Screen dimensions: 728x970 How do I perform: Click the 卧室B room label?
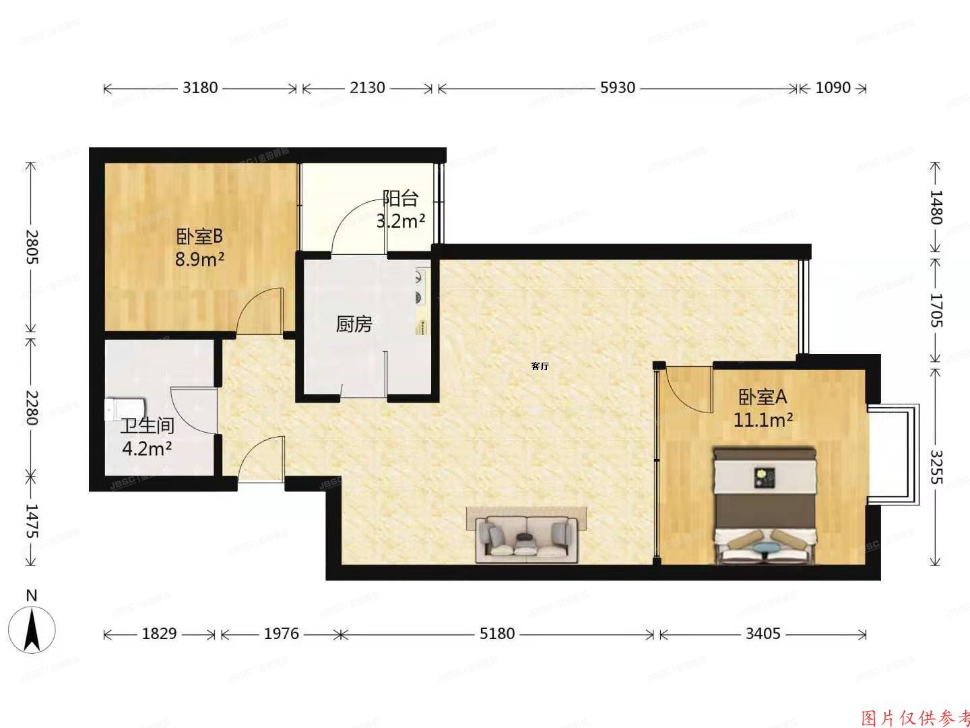tap(199, 237)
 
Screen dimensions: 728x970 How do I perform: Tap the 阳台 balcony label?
tap(400, 198)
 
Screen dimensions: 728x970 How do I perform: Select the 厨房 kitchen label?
tap(354, 325)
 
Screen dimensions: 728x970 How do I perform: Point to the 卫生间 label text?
tap(148, 426)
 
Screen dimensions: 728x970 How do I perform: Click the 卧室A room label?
tap(763, 397)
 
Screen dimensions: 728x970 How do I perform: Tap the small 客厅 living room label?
tap(540, 367)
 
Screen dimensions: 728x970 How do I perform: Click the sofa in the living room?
tap(526, 538)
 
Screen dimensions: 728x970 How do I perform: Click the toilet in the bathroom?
tap(125, 409)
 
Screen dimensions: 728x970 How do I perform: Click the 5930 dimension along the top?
tap(617, 88)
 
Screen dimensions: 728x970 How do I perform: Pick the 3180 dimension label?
tap(200, 88)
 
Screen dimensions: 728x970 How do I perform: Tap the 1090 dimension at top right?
tap(833, 88)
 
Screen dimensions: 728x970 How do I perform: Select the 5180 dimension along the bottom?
tap(497, 634)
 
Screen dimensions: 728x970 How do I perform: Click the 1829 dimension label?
tap(160, 634)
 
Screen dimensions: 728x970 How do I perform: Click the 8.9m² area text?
tap(199, 260)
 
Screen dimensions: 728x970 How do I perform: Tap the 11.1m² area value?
tap(763, 421)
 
